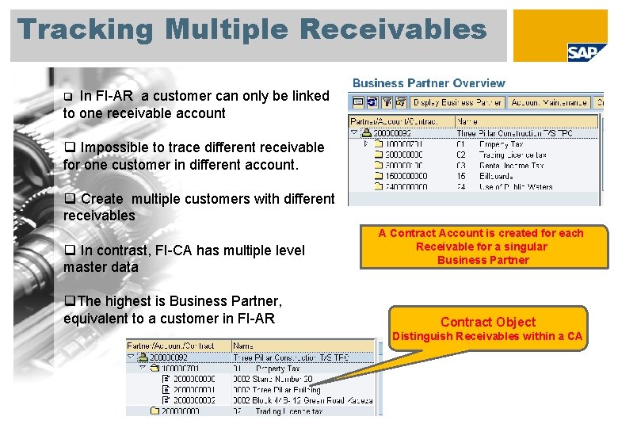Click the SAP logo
pos(587,52)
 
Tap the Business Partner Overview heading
pos(429,82)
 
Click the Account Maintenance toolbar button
pos(549,102)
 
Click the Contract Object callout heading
pos(487,322)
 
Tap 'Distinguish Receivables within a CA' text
pos(487,336)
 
